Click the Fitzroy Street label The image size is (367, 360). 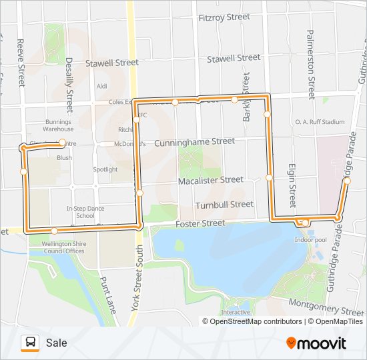224,18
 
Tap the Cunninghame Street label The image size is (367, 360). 194,142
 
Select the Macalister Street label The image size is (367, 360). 211,180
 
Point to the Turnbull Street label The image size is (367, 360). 224,205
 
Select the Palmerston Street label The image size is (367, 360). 310,64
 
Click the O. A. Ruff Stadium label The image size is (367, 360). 320,122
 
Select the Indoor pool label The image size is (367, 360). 310,239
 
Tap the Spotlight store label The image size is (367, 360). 105,169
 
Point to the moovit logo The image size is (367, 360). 316,343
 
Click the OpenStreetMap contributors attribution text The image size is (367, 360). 254,321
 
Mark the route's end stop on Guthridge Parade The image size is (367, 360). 347,181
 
